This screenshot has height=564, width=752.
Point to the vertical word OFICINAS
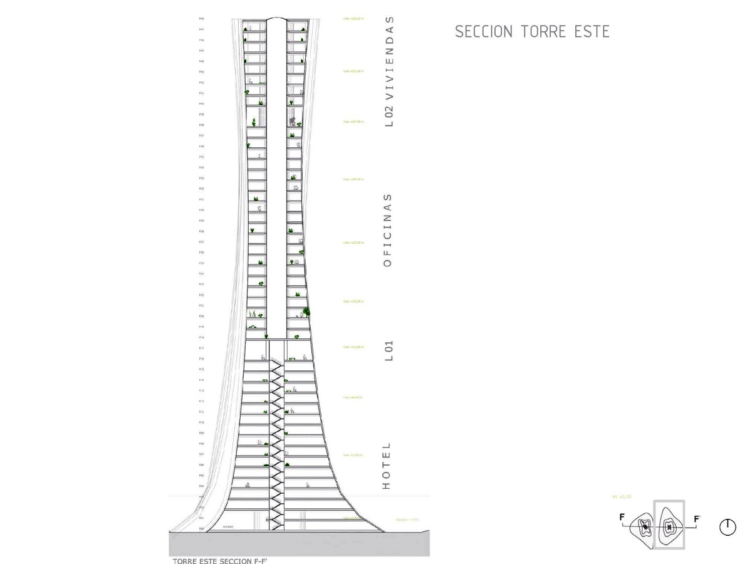(x=388, y=230)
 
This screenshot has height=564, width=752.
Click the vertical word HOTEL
(x=387, y=466)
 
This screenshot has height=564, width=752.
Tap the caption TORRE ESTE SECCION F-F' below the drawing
(x=220, y=561)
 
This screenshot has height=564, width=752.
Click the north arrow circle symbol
(x=728, y=527)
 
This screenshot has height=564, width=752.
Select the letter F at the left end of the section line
(x=622, y=518)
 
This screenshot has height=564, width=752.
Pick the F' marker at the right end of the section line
(x=697, y=519)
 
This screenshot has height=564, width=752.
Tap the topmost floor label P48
(x=201, y=19)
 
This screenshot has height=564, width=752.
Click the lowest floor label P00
(x=201, y=529)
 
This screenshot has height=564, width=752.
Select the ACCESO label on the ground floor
(x=227, y=526)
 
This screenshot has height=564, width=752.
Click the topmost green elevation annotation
(x=353, y=19)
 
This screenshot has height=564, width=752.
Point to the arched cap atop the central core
(x=276, y=20)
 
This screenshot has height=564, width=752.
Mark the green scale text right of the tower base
(x=407, y=519)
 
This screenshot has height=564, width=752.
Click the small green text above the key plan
(x=622, y=497)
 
